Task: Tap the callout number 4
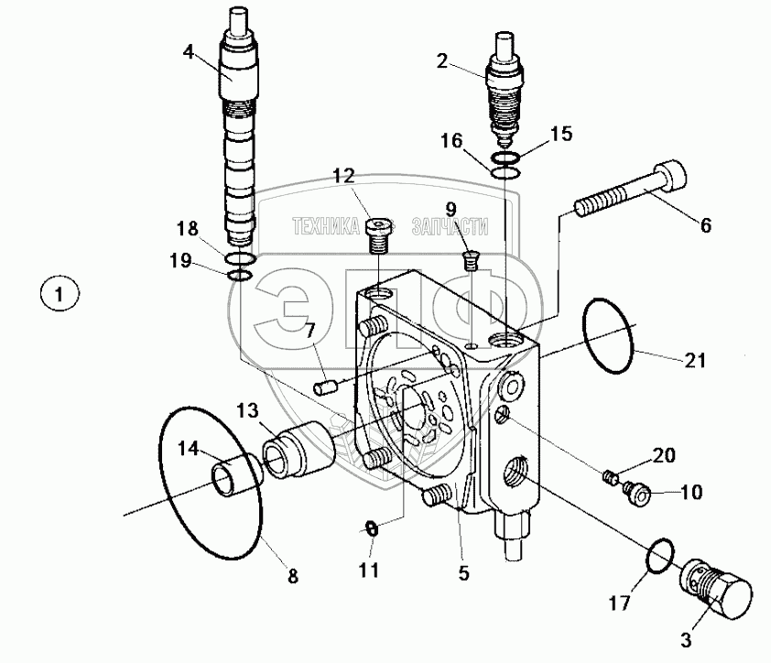point(189,52)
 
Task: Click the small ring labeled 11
point(371,527)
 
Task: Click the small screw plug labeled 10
point(635,495)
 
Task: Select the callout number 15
point(560,134)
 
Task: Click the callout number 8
point(292,576)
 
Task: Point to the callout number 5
point(463,574)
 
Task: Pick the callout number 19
point(181,261)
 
